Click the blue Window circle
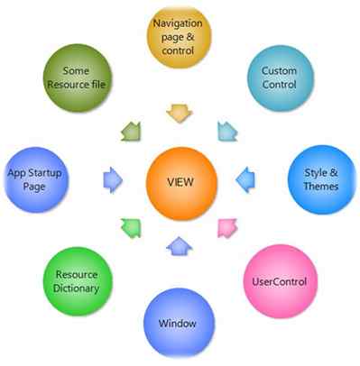(178, 322)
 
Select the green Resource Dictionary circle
(76, 281)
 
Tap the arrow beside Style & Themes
(245, 178)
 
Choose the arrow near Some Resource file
(132, 132)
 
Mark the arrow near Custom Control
(226, 132)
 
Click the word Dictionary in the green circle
(76, 288)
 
